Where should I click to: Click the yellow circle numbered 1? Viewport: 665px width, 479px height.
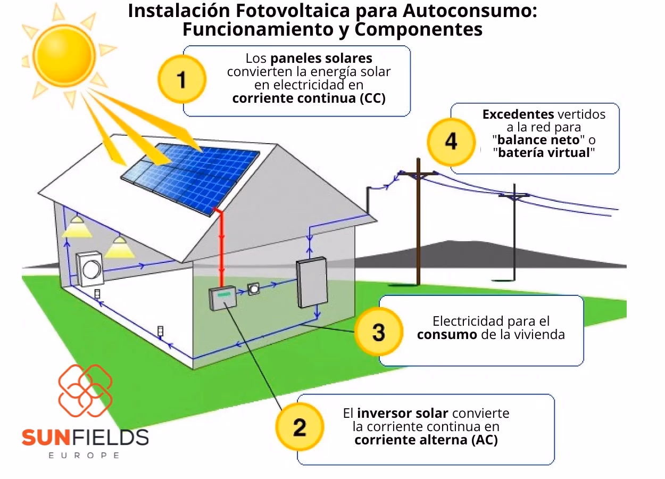click(x=181, y=80)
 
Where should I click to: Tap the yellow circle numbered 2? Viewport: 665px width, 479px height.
click(x=300, y=427)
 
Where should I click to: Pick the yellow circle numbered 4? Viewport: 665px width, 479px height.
click(x=451, y=142)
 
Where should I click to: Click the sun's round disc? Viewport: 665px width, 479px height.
click(x=64, y=54)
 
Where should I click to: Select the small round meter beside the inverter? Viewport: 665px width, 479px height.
click(x=254, y=289)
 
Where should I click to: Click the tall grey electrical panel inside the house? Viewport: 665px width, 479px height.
click(x=312, y=282)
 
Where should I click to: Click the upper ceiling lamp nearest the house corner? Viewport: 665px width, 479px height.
click(x=78, y=226)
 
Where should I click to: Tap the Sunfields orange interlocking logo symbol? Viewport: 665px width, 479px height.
click(x=85, y=392)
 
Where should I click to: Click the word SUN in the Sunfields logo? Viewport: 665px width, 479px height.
click(x=46, y=437)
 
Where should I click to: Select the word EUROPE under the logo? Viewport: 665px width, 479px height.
click(x=84, y=456)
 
